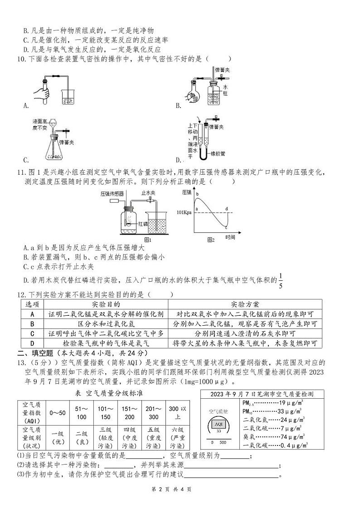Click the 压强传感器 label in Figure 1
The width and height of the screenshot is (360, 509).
pos(112,193)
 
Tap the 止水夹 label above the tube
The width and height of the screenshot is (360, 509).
pos(148,192)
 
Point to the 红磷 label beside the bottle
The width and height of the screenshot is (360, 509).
pos(142,224)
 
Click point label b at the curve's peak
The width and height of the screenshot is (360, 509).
pos(198,195)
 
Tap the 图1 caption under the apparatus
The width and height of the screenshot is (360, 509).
pos(147,240)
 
